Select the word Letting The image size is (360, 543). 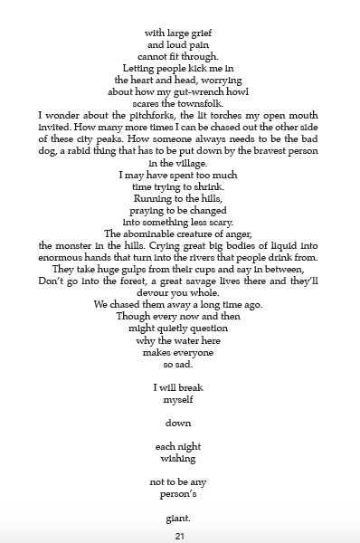[x=144, y=68]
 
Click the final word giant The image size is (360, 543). [x=179, y=519]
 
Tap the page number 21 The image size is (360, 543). [x=180, y=536]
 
